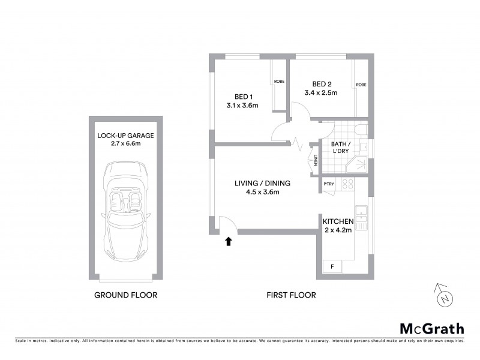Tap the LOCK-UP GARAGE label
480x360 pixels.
tap(126, 136)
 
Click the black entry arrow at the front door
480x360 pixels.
tap(228, 241)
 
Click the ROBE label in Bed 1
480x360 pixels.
tap(279, 81)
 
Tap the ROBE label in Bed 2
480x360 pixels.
tap(361, 85)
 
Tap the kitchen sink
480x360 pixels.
tap(361, 215)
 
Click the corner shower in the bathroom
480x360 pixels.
tap(361, 163)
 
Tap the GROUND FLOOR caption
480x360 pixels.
tap(126, 295)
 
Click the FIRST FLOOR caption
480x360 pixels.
tap(291, 295)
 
